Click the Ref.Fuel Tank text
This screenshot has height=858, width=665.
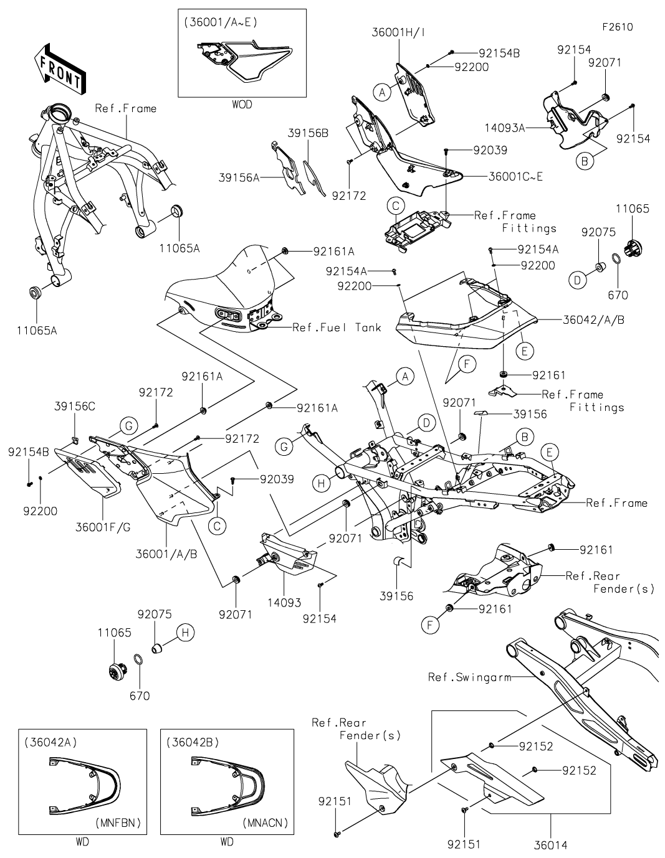[337, 328]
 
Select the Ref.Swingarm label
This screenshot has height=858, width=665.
[469, 677]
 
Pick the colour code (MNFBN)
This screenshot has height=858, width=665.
[118, 823]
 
